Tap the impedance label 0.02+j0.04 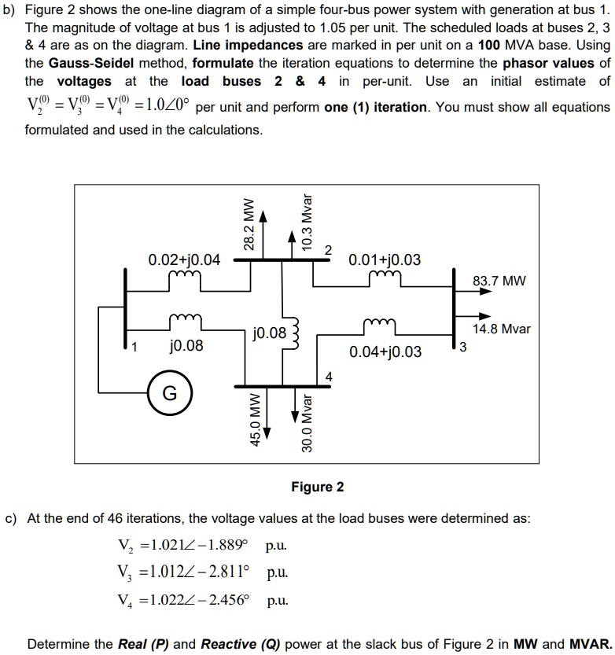184,259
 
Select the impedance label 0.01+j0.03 385,259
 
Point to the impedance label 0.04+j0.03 385,351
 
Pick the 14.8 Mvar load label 502,329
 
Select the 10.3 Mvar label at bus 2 307,220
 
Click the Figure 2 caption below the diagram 317,487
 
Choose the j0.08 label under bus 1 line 186,345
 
